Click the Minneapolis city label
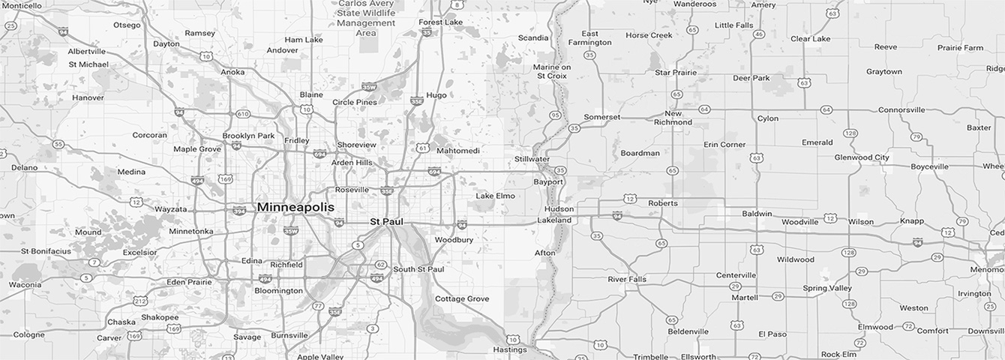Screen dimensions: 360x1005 [x=295, y=206]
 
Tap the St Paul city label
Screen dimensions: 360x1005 [x=387, y=222]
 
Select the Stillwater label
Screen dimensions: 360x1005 [x=532, y=159]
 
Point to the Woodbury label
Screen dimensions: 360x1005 [x=454, y=240]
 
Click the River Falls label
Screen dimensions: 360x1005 [x=627, y=280]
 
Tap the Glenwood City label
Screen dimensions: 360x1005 [x=862, y=157]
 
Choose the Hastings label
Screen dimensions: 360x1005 [x=510, y=349]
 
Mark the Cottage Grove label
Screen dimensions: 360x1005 [x=462, y=298]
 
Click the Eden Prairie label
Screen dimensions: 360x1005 [x=189, y=282]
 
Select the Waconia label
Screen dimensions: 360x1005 [x=25, y=285]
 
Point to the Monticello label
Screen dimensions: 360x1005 [x=22, y=6]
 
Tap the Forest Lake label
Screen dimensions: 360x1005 [x=441, y=22]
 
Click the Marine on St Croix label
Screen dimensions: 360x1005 [x=552, y=71]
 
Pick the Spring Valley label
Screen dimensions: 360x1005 [x=827, y=288]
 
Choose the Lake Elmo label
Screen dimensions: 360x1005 [x=495, y=196]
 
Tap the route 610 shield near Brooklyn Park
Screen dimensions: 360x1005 [x=242, y=114]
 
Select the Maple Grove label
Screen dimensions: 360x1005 [x=197, y=148]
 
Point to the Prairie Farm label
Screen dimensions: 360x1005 [x=960, y=48]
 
